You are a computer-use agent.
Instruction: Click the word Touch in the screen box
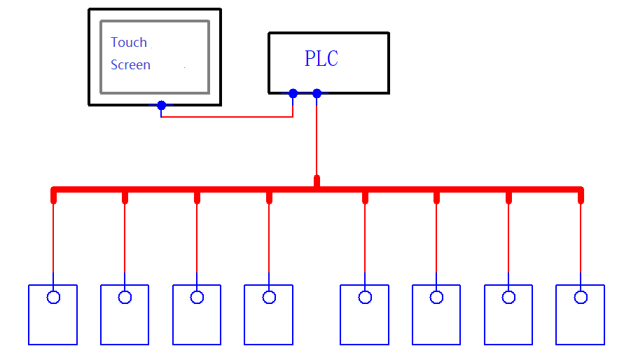[129, 43]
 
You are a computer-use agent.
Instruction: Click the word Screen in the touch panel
[130, 65]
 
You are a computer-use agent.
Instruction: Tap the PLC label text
[321, 60]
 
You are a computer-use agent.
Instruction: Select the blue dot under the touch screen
[161, 105]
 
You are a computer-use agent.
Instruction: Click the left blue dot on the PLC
[293, 93]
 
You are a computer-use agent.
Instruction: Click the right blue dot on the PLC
[317, 93]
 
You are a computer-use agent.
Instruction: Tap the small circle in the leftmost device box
[53, 297]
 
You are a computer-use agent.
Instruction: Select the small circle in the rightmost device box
[581, 297]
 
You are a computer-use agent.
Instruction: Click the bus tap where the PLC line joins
[317, 182]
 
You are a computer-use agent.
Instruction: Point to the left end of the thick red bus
[54, 190]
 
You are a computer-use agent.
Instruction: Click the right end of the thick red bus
[580, 190]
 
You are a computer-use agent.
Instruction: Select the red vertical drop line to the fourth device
[269, 238]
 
